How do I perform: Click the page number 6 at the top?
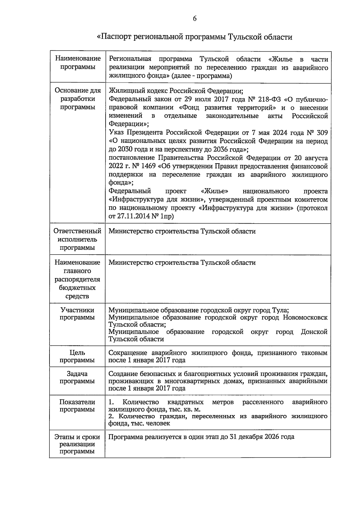pos(194,19)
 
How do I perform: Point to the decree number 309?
pos(322,133)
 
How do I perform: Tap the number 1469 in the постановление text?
pos(145,166)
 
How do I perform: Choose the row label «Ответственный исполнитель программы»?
pos(77,239)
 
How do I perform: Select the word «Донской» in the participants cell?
pos(314,332)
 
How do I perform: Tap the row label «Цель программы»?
pos(77,356)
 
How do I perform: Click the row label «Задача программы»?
pos(77,377)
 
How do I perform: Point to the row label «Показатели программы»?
pos(77,405)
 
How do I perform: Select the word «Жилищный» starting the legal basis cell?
pos(123,91)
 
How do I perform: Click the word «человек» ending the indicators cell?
pos(159,423)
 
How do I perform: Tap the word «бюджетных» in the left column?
pos(77,288)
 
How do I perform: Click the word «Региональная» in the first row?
pos(130,59)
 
